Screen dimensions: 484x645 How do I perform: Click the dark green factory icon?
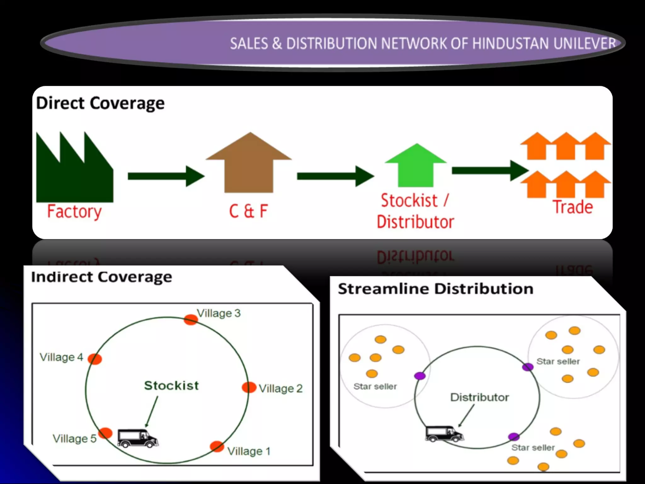click(x=74, y=176)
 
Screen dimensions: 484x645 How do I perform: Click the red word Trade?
click(x=573, y=207)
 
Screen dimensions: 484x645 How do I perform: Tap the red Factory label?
click(x=74, y=211)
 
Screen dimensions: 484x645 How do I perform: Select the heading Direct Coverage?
click(x=100, y=103)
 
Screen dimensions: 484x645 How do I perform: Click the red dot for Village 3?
click(x=191, y=320)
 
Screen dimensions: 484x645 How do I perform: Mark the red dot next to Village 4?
click(x=95, y=359)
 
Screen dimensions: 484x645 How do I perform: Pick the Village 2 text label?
click(x=281, y=389)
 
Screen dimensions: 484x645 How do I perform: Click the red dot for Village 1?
click(x=217, y=446)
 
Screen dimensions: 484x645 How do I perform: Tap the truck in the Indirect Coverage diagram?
click(x=137, y=438)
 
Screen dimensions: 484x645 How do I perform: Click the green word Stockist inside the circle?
click(x=171, y=385)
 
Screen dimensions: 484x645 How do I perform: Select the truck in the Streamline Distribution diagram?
click(x=444, y=434)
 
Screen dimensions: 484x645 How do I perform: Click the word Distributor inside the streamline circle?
click(x=479, y=397)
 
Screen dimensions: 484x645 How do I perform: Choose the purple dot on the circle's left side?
click(x=420, y=376)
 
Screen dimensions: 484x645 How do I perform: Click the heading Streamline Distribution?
click(x=436, y=289)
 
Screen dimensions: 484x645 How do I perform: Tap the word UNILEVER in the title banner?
click(x=585, y=43)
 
